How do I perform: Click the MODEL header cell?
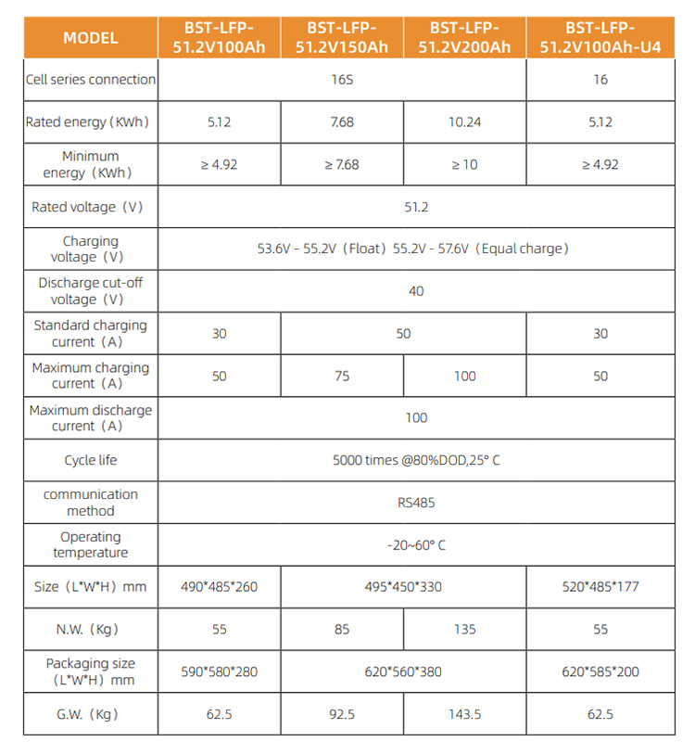click(90, 38)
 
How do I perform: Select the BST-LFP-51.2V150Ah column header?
click(342, 37)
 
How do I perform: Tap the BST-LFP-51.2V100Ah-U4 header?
click(600, 37)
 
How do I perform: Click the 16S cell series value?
click(342, 80)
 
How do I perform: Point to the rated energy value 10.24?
click(465, 122)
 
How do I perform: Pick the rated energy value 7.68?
click(342, 122)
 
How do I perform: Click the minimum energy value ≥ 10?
click(465, 165)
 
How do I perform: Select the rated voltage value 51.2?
click(416, 207)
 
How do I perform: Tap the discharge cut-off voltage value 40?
click(416, 291)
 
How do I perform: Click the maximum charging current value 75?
click(342, 376)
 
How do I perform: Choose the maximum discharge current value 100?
click(416, 418)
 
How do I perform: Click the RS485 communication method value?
click(416, 503)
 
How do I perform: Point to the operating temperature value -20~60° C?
click(416, 545)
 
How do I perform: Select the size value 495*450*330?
click(403, 587)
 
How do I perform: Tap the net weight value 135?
click(465, 630)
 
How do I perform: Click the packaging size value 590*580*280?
click(219, 671)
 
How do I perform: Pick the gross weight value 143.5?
click(465, 714)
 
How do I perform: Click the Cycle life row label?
click(90, 461)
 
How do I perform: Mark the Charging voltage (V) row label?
click(90, 249)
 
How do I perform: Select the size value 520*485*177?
click(600, 587)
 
